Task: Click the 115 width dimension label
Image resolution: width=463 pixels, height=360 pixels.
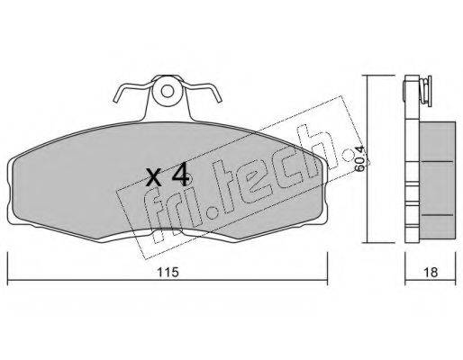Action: (x=168, y=272)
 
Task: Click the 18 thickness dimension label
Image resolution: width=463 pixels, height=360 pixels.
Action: (x=431, y=272)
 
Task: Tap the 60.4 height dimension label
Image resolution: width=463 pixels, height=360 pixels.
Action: (x=359, y=158)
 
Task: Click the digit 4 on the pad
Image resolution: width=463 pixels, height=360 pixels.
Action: (x=180, y=175)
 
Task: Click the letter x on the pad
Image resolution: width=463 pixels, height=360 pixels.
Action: (x=154, y=177)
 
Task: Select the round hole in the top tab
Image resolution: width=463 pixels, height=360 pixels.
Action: (x=168, y=91)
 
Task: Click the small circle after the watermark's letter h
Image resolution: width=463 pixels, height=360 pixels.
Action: (x=349, y=157)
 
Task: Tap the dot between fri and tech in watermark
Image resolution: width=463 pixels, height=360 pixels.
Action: (x=212, y=211)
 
